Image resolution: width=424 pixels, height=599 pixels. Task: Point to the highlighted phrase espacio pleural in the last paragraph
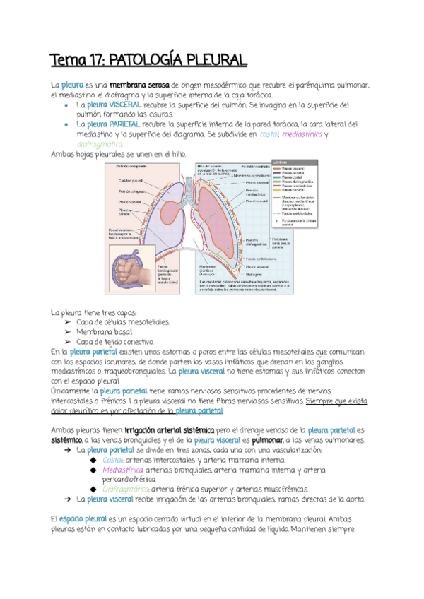[x=85, y=518]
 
